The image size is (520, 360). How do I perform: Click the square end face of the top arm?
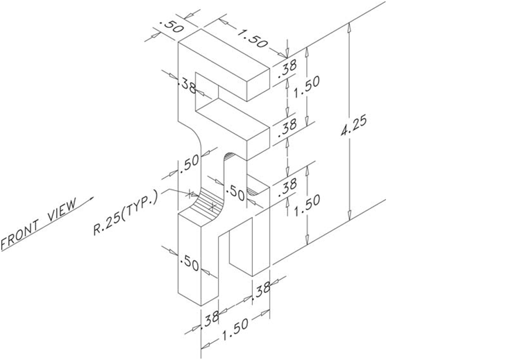point(258,83)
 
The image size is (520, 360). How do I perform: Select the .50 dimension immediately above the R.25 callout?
point(189,164)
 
